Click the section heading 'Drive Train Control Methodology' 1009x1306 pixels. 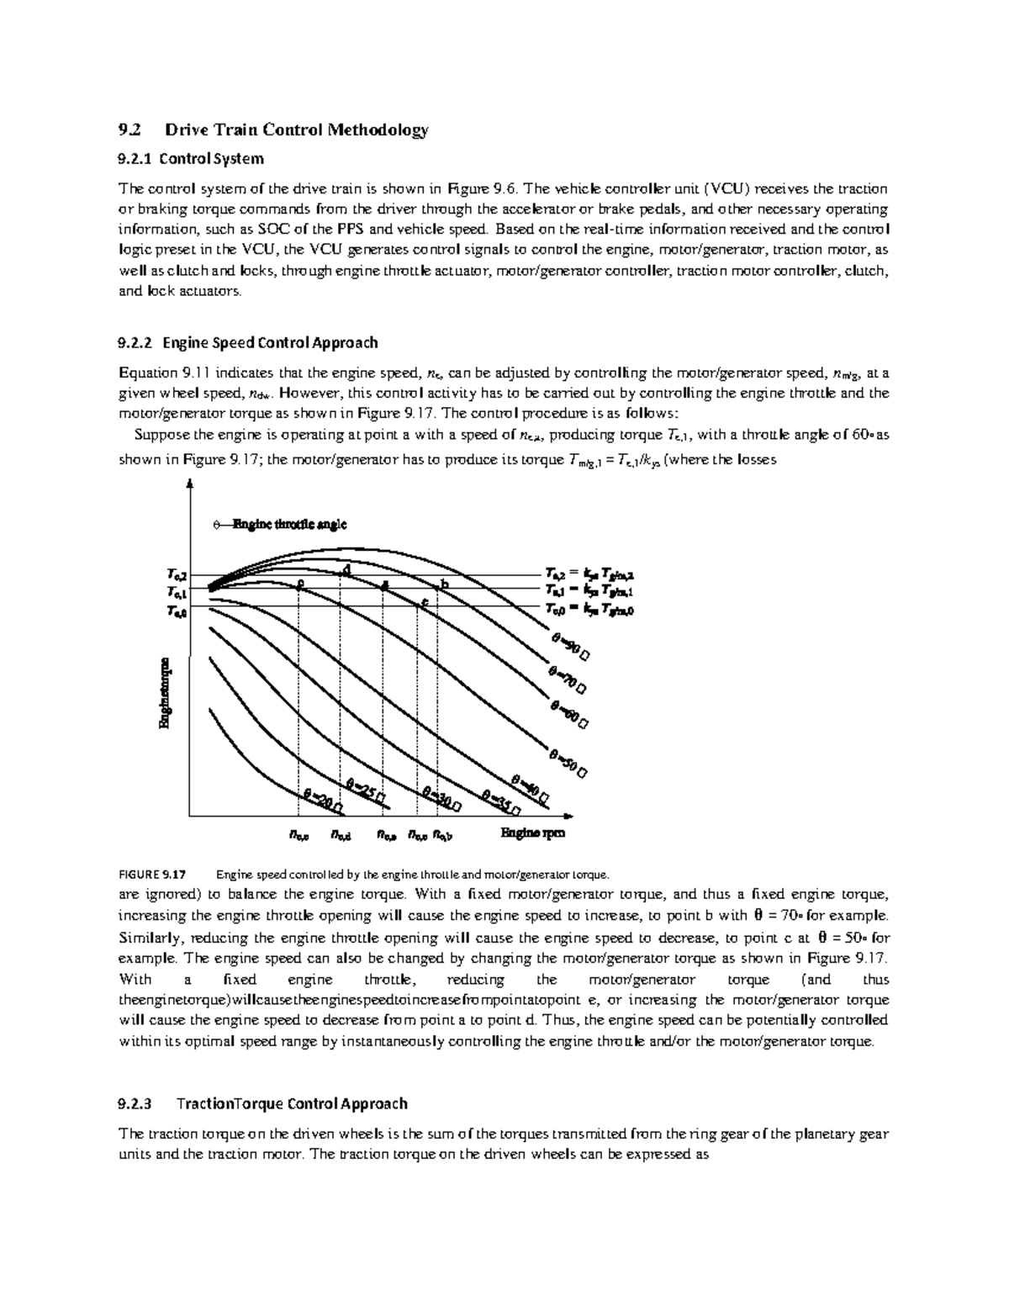pyautogui.click(x=297, y=130)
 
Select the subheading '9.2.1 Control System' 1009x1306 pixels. pyautogui.click(x=192, y=158)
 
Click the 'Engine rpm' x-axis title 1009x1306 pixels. pyautogui.click(x=533, y=833)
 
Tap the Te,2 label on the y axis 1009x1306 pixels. pyautogui.click(x=177, y=575)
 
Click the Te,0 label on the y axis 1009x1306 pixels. pyautogui.click(x=177, y=612)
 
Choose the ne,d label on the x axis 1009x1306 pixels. pyautogui.click(x=341, y=835)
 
